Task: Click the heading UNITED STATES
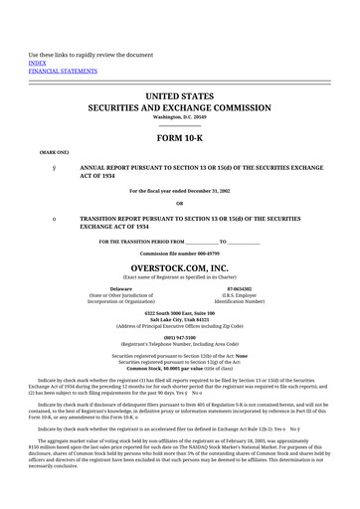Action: [x=179, y=96]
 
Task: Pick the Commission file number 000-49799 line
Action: [x=179, y=254]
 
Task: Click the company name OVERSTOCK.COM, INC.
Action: [x=179, y=267]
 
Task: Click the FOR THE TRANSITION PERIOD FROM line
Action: [x=179, y=242]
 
